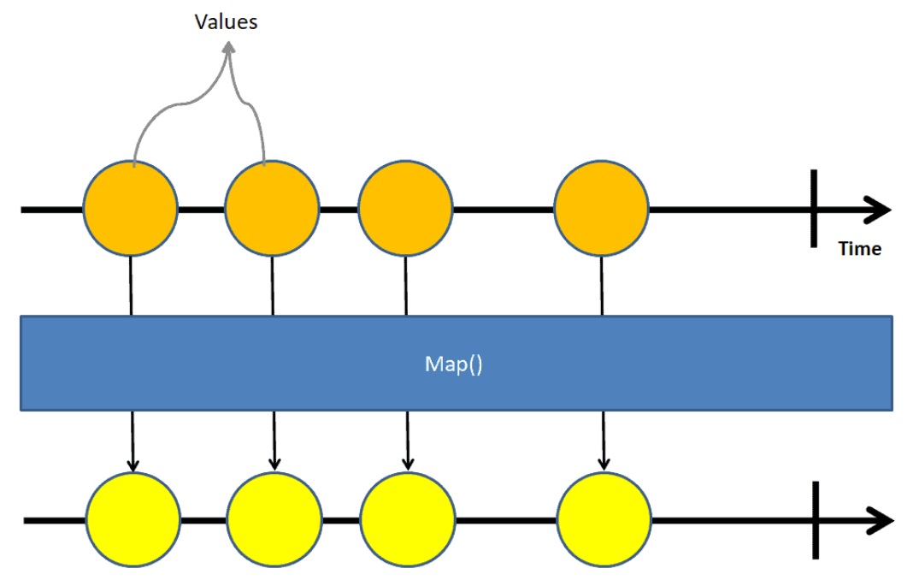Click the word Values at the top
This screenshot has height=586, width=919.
[x=227, y=21]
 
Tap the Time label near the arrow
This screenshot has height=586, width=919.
[x=859, y=249]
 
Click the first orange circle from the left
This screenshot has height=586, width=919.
[x=130, y=208]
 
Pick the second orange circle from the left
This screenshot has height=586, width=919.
[x=272, y=208]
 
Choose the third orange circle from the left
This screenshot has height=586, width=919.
[x=404, y=208]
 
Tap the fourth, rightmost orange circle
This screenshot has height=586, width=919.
[x=601, y=208]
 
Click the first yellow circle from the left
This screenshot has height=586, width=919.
[x=133, y=519]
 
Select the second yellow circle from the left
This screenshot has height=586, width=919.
[x=274, y=519]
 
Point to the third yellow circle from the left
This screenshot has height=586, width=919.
[x=407, y=519]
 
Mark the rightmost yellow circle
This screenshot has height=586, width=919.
[x=604, y=519]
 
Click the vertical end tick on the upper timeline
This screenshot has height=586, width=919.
[x=814, y=208]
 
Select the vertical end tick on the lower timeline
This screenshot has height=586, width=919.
[x=816, y=519]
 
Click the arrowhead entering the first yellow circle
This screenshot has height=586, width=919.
[x=133, y=464]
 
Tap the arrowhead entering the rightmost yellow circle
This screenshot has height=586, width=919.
[x=604, y=464]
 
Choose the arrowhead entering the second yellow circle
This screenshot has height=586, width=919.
[x=274, y=464]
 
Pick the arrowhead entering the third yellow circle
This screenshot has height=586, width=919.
[x=408, y=464]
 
